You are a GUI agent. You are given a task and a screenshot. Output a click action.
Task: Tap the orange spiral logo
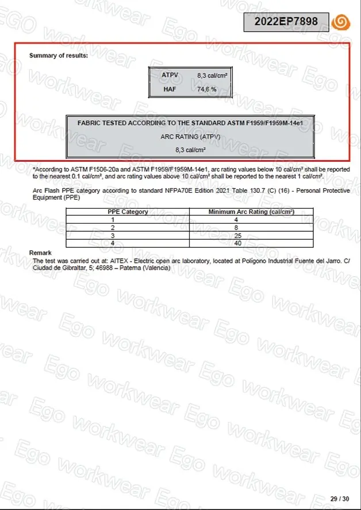(341, 22)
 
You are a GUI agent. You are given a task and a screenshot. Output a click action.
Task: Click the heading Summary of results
(59, 56)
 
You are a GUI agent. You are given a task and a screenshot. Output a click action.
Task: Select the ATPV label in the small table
(170, 75)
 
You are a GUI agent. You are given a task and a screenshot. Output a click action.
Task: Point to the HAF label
(169, 89)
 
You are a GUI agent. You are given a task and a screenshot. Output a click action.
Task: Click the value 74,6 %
(207, 89)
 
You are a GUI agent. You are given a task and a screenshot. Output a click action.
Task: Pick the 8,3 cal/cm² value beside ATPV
(212, 75)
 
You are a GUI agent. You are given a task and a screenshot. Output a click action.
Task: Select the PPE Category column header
(128, 212)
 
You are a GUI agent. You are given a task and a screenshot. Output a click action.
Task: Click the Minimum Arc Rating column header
(251, 212)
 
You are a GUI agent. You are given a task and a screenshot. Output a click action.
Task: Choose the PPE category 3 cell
(113, 235)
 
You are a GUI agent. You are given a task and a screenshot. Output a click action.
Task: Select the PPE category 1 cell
(113, 219)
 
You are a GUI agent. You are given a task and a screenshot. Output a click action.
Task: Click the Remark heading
(40, 252)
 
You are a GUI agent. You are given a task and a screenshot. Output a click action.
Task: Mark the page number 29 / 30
(339, 498)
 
